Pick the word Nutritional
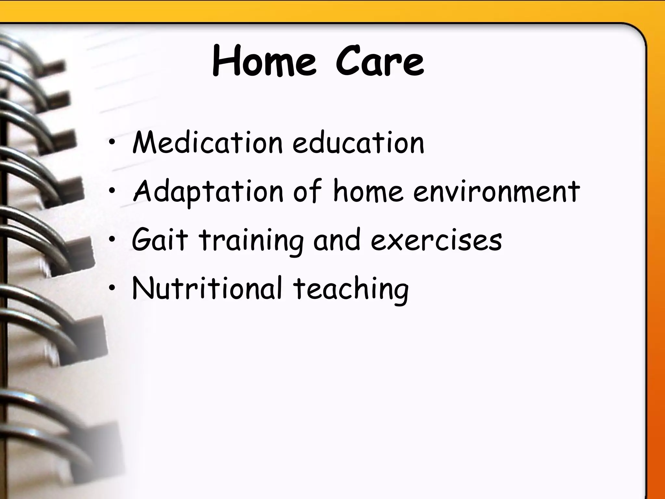click(207, 288)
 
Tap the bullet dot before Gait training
click(112, 240)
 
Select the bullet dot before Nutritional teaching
click(112, 288)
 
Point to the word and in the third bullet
click(336, 240)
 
